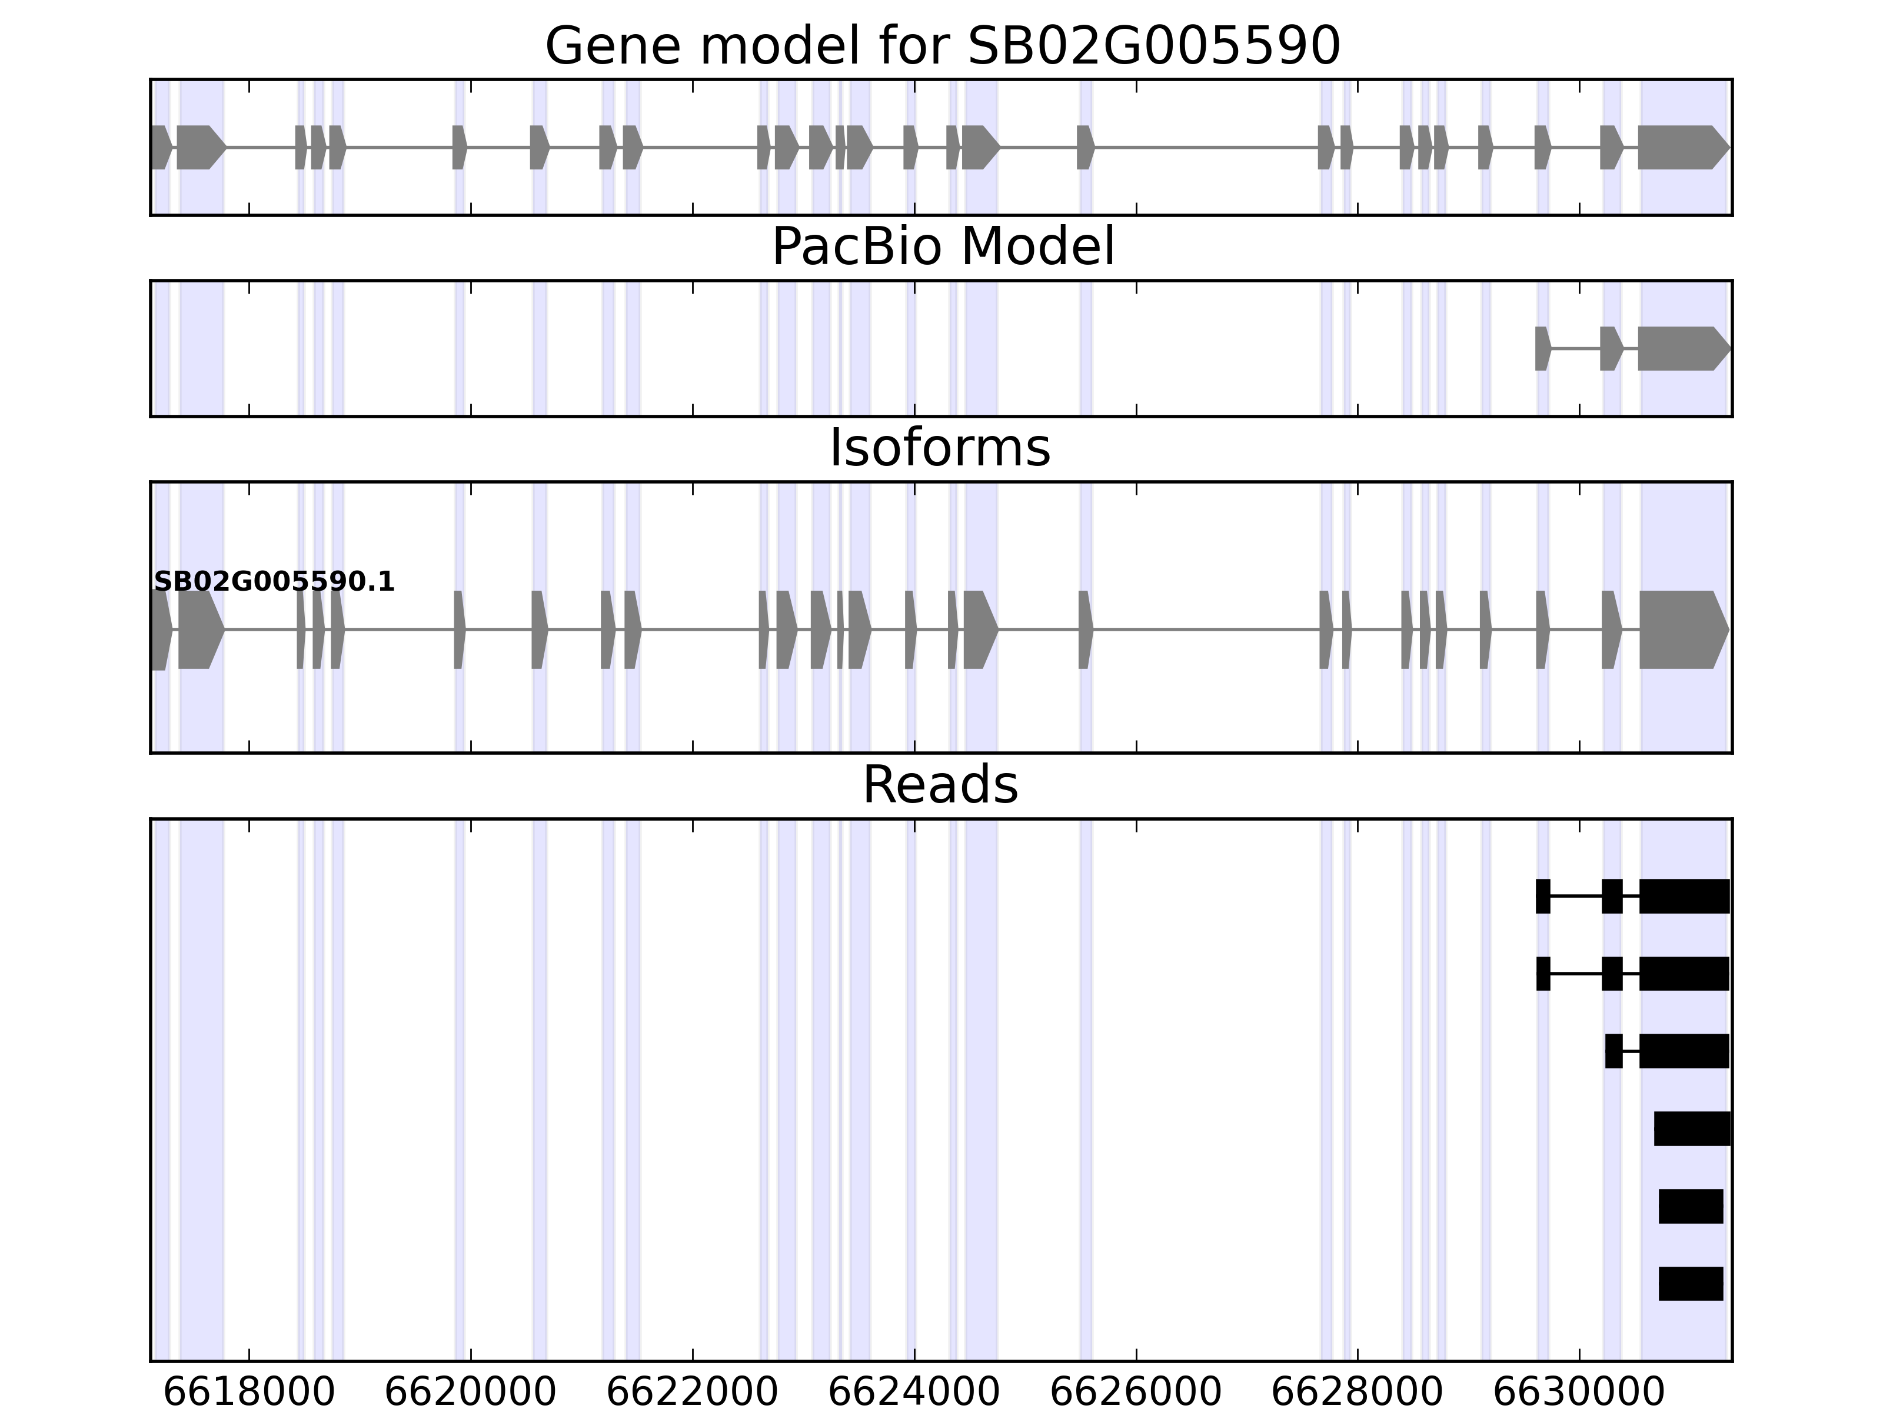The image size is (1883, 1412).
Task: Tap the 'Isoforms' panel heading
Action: coord(940,448)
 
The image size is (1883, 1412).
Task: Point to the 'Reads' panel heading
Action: coord(940,785)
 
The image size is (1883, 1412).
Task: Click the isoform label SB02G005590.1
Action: coord(274,582)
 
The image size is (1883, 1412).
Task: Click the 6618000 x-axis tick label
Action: coord(248,1393)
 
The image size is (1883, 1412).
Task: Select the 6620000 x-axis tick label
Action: coord(471,1393)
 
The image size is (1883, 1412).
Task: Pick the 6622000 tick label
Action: coord(692,1393)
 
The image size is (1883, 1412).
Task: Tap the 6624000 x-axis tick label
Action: coord(914,1393)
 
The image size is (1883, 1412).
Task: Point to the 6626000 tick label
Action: coord(1136,1393)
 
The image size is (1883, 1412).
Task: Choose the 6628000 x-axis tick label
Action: coord(1357,1393)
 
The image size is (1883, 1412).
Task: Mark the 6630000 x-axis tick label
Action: coord(1579,1393)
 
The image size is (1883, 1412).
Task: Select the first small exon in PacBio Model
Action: coord(1542,349)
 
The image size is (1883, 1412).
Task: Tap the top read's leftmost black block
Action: coord(1542,896)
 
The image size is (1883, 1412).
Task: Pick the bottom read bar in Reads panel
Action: coord(1691,1284)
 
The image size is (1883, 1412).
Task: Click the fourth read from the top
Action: coord(1692,1128)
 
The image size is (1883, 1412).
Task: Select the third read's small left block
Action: coord(1613,1051)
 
